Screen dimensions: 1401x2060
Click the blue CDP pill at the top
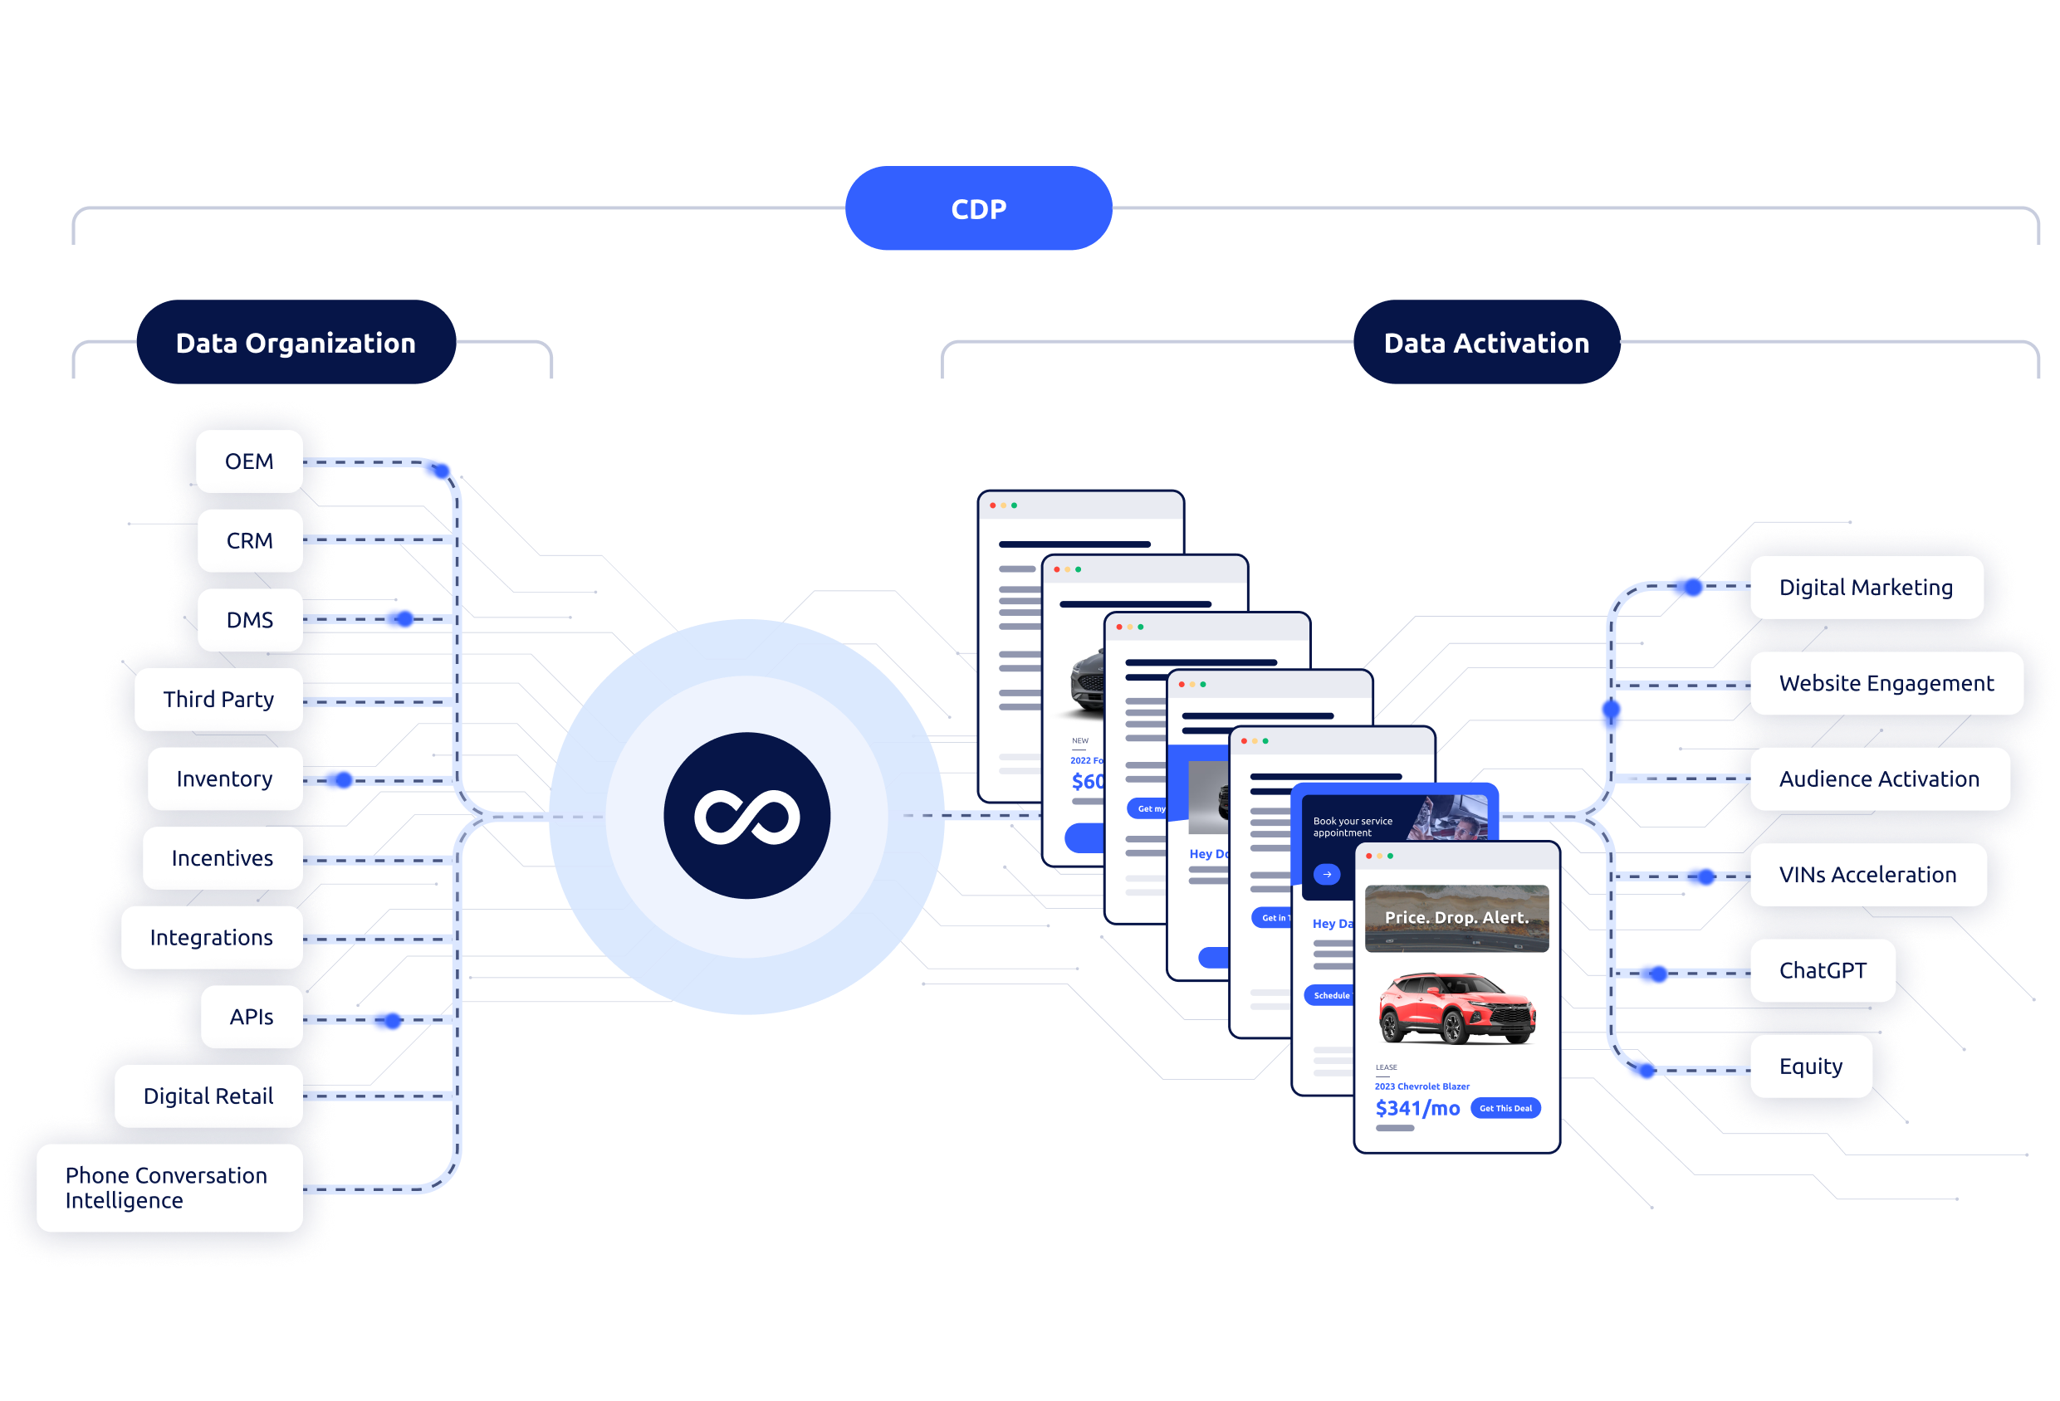tap(978, 209)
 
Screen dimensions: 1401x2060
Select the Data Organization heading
tap(296, 343)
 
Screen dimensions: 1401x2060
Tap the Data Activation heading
tap(1486, 343)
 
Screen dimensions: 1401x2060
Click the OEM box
tap(249, 461)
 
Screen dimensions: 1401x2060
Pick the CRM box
tap(249, 540)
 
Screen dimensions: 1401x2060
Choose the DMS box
tap(249, 620)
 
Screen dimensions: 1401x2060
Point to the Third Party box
tap(218, 699)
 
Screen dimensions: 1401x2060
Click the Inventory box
tap(224, 779)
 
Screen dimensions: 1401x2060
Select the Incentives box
tap(222, 858)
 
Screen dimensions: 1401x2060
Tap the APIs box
tap(251, 1017)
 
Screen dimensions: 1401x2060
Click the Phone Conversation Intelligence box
tap(169, 1188)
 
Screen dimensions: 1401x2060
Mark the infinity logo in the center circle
tap(746, 816)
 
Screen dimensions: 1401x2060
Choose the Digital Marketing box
tap(1866, 588)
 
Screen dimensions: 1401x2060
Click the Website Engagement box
tap(1886, 683)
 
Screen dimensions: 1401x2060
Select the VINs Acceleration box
tap(1867, 875)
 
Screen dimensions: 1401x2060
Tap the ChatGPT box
tap(1823, 970)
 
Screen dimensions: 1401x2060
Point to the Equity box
tap(1811, 1066)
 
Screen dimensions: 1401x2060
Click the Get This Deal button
tap(1505, 1109)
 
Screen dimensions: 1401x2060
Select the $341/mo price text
tap(1417, 1109)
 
